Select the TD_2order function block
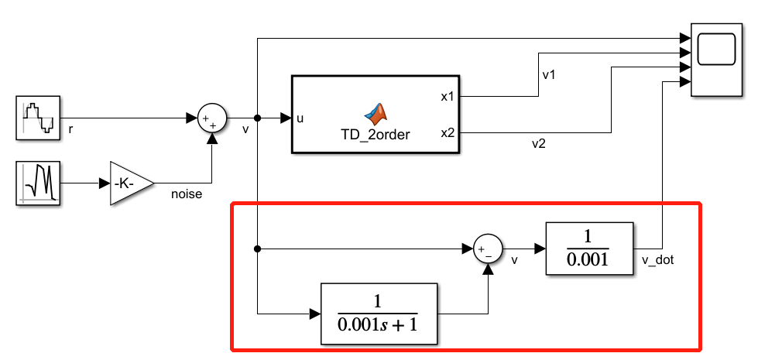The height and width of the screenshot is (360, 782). coord(376,115)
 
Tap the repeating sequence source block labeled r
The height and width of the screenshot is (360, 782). coord(38,118)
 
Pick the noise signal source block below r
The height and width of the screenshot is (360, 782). coord(38,183)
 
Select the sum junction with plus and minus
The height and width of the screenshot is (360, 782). coord(488,249)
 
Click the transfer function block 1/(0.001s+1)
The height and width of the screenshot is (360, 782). coord(379,314)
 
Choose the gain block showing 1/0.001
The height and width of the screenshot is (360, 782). coord(589,249)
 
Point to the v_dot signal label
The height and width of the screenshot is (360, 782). coord(658,260)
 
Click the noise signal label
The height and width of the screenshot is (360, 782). coord(187,194)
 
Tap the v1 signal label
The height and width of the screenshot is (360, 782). coord(549,75)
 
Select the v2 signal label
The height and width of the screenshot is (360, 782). coord(537,143)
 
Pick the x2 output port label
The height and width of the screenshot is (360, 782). coord(448,133)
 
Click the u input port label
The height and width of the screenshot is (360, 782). coord(300,118)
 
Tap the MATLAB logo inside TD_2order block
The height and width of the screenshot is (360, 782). coord(376,112)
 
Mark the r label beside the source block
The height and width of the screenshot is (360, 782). coord(70,129)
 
